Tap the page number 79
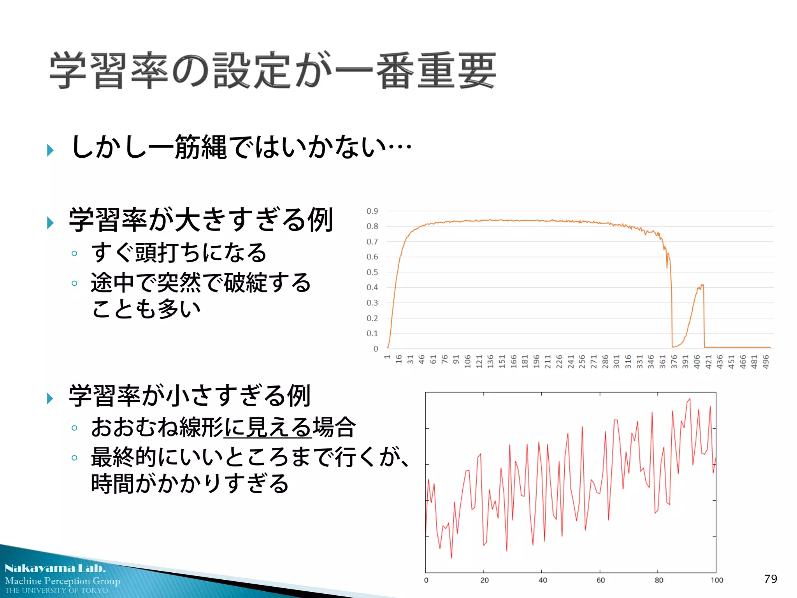[x=771, y=579]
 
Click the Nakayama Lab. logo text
[x=55, y=568]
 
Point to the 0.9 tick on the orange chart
[x=372, y=211]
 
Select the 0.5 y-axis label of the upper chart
[x=372, y=272]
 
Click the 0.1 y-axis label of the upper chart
[x=372, y=333]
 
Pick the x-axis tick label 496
[x=765, y=361]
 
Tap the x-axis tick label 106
[x=467, y=361]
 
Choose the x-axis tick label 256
[x=582, y=361]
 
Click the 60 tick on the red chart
[x=600, y=580]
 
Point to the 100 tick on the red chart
[x=716, y=580]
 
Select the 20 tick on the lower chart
[x=485, y=580]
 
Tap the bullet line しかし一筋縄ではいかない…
[x=241, y=147]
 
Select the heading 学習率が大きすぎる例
[x=201, y=220]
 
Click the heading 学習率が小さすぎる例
[x=190, y=396]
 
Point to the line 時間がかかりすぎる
[x=190, y=484]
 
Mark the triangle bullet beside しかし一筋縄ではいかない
[x=50, y=150]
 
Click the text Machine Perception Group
[x=62, y=581]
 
